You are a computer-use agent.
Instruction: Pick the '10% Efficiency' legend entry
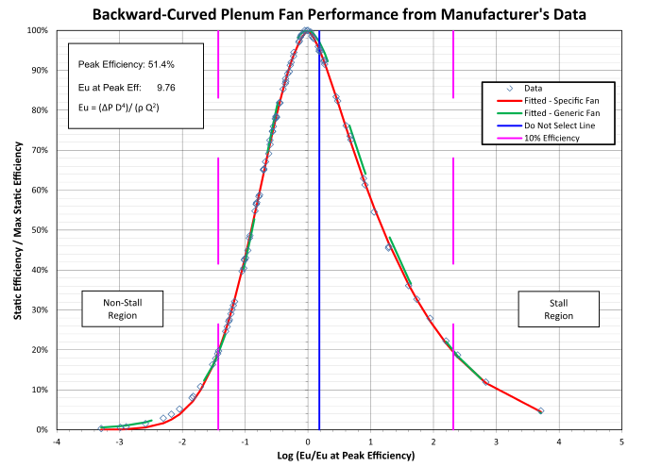point(545,138)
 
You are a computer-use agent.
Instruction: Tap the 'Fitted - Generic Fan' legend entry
point(547,112)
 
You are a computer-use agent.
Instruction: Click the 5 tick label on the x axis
point(621,441)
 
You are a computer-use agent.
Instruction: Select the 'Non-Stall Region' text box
point(121,309)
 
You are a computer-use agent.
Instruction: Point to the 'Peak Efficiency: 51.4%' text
point(127,64)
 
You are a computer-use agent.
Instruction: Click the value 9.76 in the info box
point(167,86)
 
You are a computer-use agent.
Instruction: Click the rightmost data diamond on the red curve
point(540,411)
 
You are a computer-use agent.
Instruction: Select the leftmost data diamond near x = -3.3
point(101,428)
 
